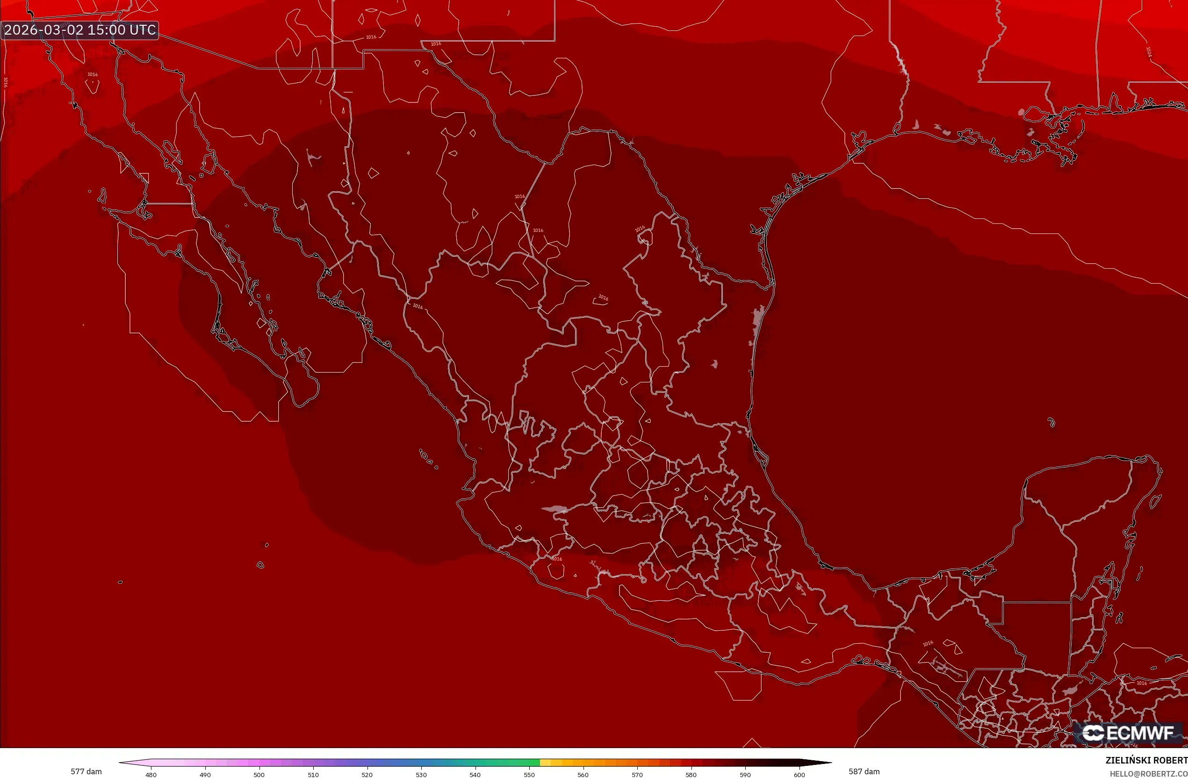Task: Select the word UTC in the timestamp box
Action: pos(143,30)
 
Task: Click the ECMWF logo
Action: pos(1128,733)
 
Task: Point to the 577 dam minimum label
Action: pos(86,771)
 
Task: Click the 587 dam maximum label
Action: pos(864,771)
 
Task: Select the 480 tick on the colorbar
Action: pos(151,775)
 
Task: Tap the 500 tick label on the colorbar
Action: pos(259,775)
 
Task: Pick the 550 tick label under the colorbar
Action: pos(529,775)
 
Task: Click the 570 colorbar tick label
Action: pos(637,775)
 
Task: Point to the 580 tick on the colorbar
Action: pos(691,775)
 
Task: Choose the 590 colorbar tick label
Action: pos(745,775)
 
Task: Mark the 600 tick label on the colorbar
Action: pos(799,775)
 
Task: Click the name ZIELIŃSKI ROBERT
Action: pos(1146,761)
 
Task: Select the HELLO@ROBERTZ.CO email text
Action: pos(1148,773)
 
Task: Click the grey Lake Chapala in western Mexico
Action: pos(555,510)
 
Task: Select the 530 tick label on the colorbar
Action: pos(421,775)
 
